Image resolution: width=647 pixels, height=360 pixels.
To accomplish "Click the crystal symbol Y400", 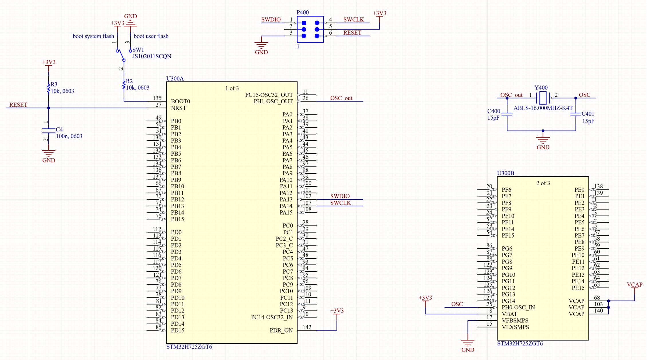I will coord(543,98).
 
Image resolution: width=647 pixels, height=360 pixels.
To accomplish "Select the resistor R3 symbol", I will coord(49,88).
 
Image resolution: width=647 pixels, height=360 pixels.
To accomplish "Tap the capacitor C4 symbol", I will coord(49,131).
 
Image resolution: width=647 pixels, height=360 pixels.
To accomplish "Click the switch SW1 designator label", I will coord(138,50).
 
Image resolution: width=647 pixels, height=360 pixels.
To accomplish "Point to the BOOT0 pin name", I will coord(180,101).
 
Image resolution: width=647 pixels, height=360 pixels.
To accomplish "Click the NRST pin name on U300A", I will coord(178,108).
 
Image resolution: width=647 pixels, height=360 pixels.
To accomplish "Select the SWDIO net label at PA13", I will coord(340,196).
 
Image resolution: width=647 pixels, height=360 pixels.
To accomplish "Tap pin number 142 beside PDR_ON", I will coord(307,327).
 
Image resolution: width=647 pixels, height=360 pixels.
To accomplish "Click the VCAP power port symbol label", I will coord(634,285).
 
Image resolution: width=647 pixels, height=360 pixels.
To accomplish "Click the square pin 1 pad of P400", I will coord(304,23).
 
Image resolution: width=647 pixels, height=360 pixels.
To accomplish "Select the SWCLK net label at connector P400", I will coord(354,20).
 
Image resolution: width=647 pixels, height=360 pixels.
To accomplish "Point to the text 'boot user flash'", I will coord(151,36).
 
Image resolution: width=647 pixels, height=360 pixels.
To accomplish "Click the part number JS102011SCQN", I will coord(152,56).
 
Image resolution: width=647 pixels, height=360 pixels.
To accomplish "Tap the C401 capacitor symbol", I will coord(576,114).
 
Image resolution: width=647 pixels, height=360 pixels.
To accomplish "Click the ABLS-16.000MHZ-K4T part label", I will coord(543,108).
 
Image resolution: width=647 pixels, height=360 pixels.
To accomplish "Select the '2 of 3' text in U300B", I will coord(543,183).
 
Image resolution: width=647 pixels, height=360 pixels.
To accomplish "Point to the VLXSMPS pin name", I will coord(515,327).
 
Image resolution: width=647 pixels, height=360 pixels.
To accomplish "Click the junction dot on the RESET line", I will coord(49,108).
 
